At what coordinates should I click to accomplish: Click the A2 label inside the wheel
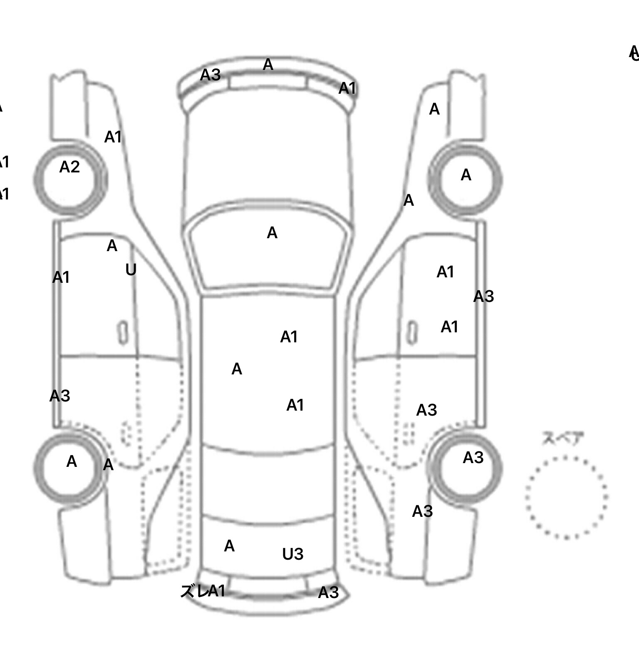coord(69,167)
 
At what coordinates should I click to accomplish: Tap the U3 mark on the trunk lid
coord(292,554)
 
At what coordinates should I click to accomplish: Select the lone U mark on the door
coord(131,270)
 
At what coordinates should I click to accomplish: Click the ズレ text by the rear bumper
coord(193,591)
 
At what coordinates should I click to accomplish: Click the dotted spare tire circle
coord(566,497)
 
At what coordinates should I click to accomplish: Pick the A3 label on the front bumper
coord(210,75)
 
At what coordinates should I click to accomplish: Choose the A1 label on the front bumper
coord(347,88)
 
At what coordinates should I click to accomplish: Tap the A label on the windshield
coord(272,233)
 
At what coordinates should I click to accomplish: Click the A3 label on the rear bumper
coord(328,593)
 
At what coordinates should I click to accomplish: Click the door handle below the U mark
coord(123,333)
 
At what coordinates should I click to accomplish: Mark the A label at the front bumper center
coord(268,65)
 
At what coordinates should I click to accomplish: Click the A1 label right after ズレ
coord(216,591)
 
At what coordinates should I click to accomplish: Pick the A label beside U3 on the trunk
coord(229,546)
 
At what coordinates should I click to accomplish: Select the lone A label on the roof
coord(237,369)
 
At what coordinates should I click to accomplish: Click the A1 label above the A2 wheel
coord(113,137)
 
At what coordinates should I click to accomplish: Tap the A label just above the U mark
coord(112,246)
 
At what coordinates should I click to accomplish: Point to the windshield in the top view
coord(269,250)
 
